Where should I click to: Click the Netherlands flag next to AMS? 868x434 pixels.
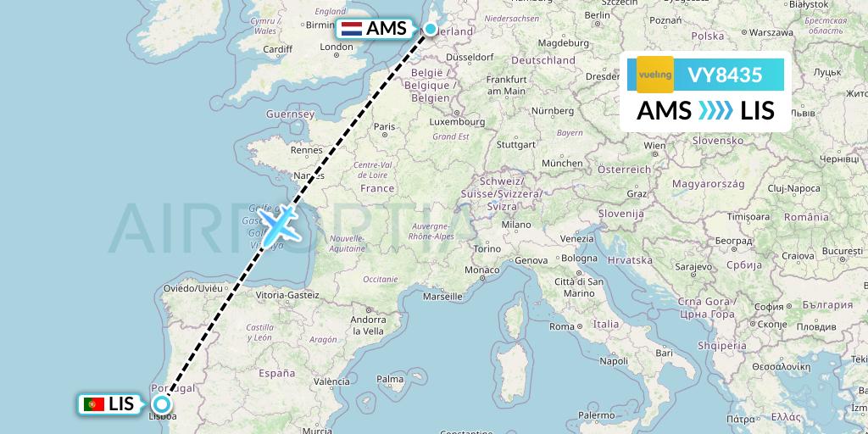click(x=351, y=29)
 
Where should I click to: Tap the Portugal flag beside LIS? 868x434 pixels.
click(x=94, y=404)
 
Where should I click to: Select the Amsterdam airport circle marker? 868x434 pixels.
click(x=431, y=30)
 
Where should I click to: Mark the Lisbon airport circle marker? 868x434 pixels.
click(x=162, y=404)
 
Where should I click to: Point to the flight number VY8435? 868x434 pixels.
click(x=725, y=75)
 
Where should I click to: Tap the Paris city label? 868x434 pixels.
click(x=386, y=127)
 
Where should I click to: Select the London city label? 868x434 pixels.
click(x=337, y=47)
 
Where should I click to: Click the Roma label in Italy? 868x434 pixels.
click(x=562, y=325)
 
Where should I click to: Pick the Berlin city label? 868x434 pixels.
click(x=597, y=14)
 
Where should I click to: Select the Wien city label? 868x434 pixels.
click(x=654, y=145)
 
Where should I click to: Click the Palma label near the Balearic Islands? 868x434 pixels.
click(x=390, y=379)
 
